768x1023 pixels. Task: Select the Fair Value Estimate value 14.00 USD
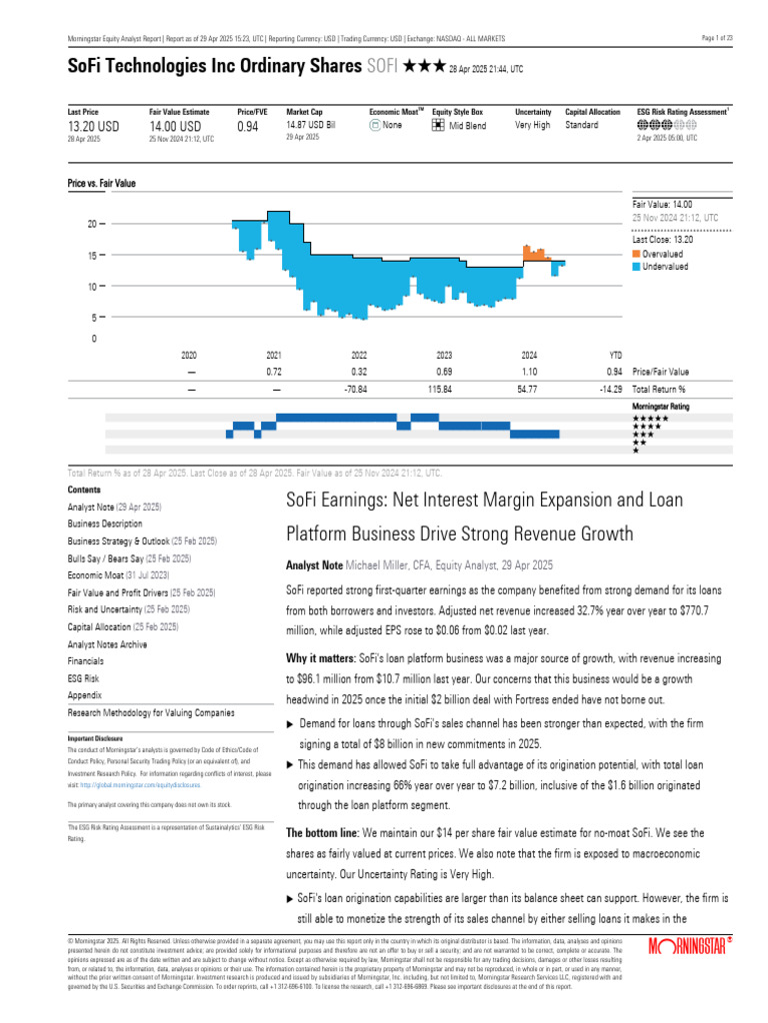click(x=175, y=127)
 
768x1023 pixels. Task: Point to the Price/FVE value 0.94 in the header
click(x=247, y=127)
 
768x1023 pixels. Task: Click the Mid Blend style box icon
click(x=438, y=126)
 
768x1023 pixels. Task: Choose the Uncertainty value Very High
click(x=532, y=126)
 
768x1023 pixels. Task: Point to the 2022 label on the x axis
click(x=359, y=355)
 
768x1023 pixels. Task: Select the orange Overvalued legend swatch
click(x=636, y=255)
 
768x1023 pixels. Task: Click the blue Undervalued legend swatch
click(x=636, y=267)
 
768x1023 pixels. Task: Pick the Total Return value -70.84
click(x=359, y=389)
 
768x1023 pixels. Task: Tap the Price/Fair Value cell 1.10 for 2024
click(x=530, y=372)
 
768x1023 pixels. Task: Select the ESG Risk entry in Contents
click(x=85, y=678)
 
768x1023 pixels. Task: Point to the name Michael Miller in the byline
click(x=381, y=565)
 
